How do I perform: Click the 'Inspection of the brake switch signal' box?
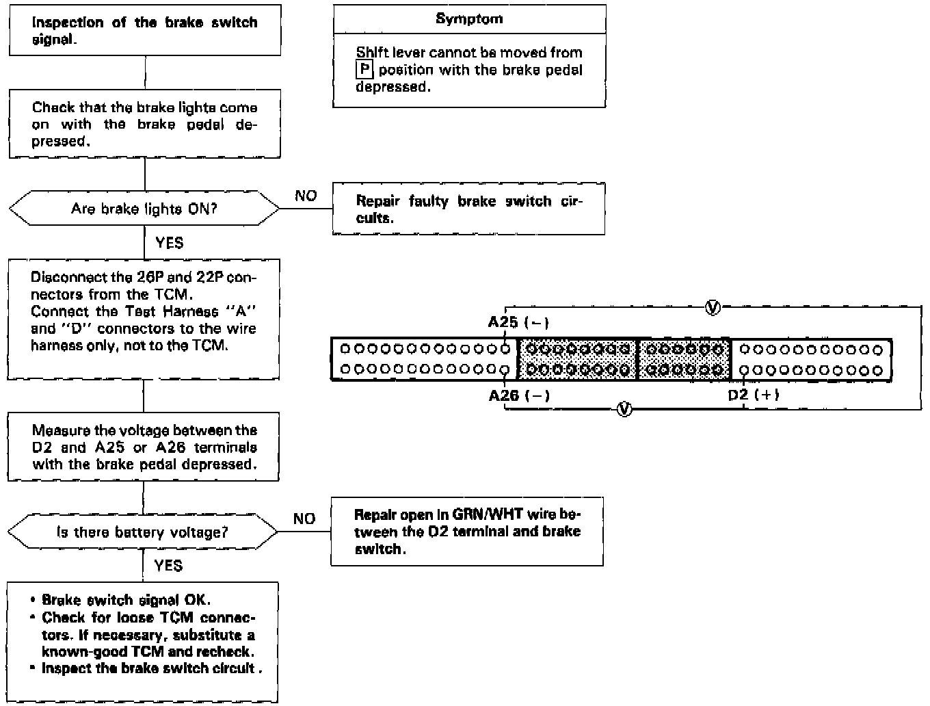click(x=144, y=31)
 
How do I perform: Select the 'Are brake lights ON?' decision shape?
click(x=144, y=209)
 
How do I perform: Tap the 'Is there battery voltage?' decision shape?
click(x=142, y=532)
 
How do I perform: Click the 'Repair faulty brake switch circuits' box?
click(x=468, y=209)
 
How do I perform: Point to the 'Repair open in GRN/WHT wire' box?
click(x=467, y=532)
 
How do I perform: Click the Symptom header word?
click(x=469, y=19)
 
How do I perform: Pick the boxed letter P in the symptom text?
click(x=365, y=70)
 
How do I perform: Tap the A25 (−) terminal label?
click(x=518, y=322)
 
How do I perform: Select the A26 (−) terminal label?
click(x=519, y=395)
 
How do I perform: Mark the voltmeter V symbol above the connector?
click(x=712, y=308)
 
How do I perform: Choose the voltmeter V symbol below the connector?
click(x=624, y=410)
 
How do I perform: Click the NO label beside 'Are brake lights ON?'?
click(x=306, y=196)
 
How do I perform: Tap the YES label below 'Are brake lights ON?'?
click(x=169, y=243)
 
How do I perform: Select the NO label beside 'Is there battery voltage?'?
click(x=304, y=519)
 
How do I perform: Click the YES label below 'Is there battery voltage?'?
click(x=168, y=565)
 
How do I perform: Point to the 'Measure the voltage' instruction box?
click(x=144, y=447)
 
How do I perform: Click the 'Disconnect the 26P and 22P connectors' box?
click(x=144, y=319)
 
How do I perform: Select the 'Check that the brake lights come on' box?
click(x=144, y=124)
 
